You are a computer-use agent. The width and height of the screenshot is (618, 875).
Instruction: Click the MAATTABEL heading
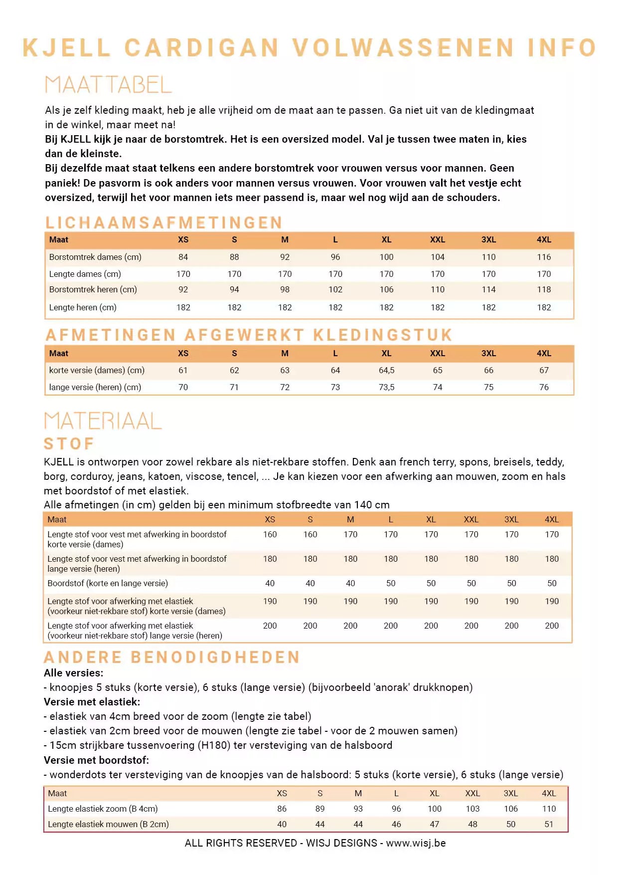pyautogui.click(x=108, y=85)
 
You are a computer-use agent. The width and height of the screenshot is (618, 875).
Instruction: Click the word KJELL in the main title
pyautogui.click(x=66, y=48)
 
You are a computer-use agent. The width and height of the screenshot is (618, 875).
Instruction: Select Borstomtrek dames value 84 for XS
pyautogui.click(x=183, y=257)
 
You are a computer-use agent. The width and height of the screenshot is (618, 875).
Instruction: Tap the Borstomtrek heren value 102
pyautogui.click(x=335, y=289)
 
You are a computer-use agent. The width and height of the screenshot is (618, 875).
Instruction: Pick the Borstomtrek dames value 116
pyautogui.click(x=543, y=257)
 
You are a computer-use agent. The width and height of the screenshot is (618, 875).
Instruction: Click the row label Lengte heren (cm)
pyautogui.click(x=83, y=307)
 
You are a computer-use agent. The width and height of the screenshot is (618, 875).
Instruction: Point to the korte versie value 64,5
pyautogui.click(x=386, y=370)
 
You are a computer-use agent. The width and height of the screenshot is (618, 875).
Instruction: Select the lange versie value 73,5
pyautogui.click(x=386, y=387)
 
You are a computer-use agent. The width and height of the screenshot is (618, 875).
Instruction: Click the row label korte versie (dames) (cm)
pyautogui.click(x=97, y=370)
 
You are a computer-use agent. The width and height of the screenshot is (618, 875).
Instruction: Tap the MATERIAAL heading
pyautogui.click(x=103, y=421)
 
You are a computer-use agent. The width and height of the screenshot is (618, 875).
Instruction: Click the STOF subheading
pyautogui.click(x=69, y=443)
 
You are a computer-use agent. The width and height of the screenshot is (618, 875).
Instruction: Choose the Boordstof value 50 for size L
pyautogui.click(x=390, y=583)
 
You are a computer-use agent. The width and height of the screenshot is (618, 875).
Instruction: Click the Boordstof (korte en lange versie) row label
pyautogui.click(x=108, y=583)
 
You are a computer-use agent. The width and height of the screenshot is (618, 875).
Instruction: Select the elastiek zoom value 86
pyautogui.click(x=282, y=809)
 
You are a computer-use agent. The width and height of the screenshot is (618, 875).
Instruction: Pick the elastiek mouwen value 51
pyautogui.click(x=548, y=824)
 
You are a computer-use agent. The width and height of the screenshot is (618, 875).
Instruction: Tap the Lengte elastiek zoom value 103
pyautogui.click(x=472, y=809)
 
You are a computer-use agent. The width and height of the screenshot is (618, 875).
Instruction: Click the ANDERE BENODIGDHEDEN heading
pyautogui.click(x=172, y=657)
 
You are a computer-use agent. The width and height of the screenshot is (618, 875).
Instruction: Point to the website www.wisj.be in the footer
pyautogui.click(x=416, y=843)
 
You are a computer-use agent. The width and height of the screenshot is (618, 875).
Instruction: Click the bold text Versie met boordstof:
pyautogui.click(x=96, y=760)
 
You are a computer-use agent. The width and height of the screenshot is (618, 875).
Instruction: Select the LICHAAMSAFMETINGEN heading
pyautogui.click(x=164, y=222)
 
